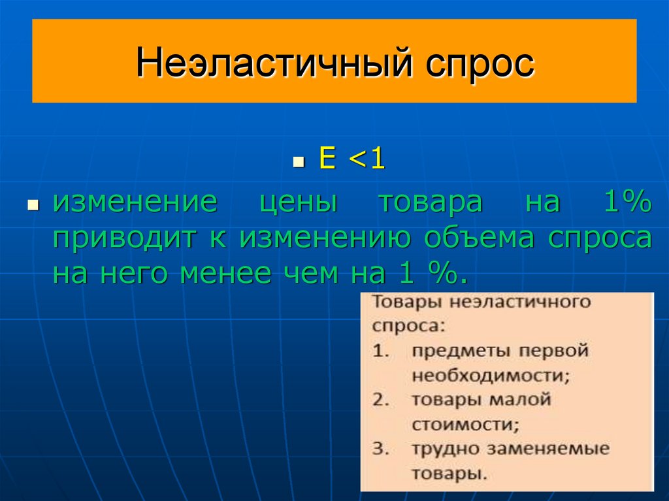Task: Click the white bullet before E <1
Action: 299,162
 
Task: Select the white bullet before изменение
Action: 32,204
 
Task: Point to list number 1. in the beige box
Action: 381,351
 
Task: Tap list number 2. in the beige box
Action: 381,400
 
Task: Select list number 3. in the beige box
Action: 381,449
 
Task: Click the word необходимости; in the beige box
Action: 490,376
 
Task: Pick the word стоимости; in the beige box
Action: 465,425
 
